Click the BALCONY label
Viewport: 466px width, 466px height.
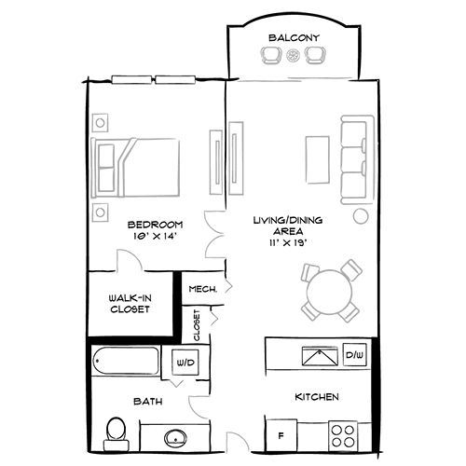[x=294, y=37]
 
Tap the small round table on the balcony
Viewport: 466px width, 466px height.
[x=294, y=58]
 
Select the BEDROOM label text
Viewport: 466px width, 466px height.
[x=154, y=225]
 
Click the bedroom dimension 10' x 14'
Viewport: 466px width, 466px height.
[x=154, y=237]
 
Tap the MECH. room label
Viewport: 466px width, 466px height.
[x=202, y=289]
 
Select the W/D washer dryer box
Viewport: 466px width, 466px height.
[x=185, y=362]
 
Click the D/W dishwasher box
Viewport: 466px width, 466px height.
[x=354, y=355]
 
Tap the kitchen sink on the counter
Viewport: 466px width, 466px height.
[x=319, y=355]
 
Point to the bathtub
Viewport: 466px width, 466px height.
[x=130, y=361]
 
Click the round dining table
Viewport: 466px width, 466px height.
[x=329, y=290]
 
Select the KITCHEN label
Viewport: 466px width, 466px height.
[x=317, y=398]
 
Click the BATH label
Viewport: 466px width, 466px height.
[x=148, y=402]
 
